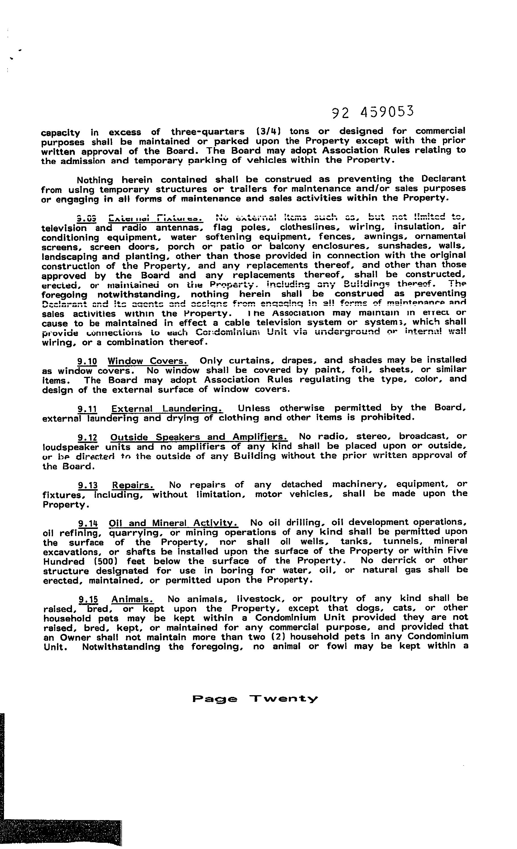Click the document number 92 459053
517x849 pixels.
tap(372, 112)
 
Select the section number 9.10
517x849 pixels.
tap(87, 362)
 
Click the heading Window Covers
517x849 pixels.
tap(148, 361)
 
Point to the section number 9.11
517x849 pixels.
tap(87, 409)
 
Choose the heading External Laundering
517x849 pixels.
tap(167, 409)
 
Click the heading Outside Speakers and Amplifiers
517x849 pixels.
tap(199, 437)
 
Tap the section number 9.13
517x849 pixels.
tap(88, 486)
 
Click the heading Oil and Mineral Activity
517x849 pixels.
tap(173, 523)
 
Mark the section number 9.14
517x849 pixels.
tap(88, 523)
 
